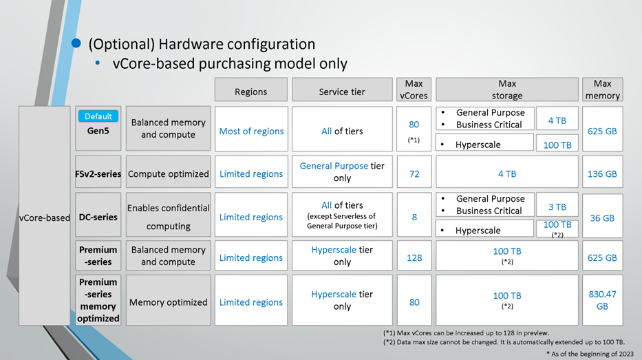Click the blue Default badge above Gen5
click(x=98, y=116)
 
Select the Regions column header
click(x=251, y=89)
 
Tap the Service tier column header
click(x=342, y=89)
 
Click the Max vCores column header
click(x=414, y=89)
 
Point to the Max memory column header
click(x=602, y=89)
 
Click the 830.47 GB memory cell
click(x=602, y=300)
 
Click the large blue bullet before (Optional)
click(x=76, y=43)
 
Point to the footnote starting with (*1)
click(x=466, y=333)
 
